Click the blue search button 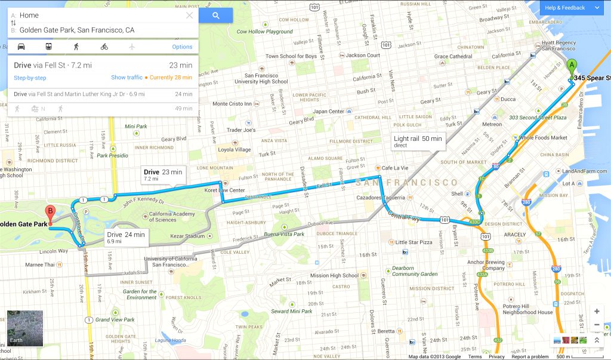coord(215,16)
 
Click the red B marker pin coord(51,213)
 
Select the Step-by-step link coord(30,78)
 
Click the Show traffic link coord(126,78)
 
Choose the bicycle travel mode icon coord(104,47)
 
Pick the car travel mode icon coord(21,47)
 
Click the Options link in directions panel coord(182,47)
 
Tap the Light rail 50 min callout coord(418,141)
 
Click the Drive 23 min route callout coord(163,174)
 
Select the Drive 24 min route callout coord(126,237)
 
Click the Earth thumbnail coord(25,328)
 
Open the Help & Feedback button coord(572,8)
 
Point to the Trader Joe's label coord(240,130)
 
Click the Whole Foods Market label coord(543,138)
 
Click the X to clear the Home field coord(190,16)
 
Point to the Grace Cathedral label coord(453,57)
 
